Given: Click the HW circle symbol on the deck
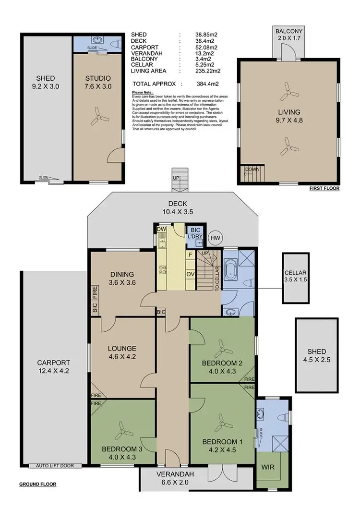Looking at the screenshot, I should tap(216, 238).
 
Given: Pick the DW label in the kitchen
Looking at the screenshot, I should tap(161, 229).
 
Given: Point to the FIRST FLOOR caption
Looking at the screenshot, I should tap(324, 189).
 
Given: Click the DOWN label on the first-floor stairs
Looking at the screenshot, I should tap(252, 170).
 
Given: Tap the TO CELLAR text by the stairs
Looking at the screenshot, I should tap(217, 278).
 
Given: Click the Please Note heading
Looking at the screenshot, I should tap(143, 92).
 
